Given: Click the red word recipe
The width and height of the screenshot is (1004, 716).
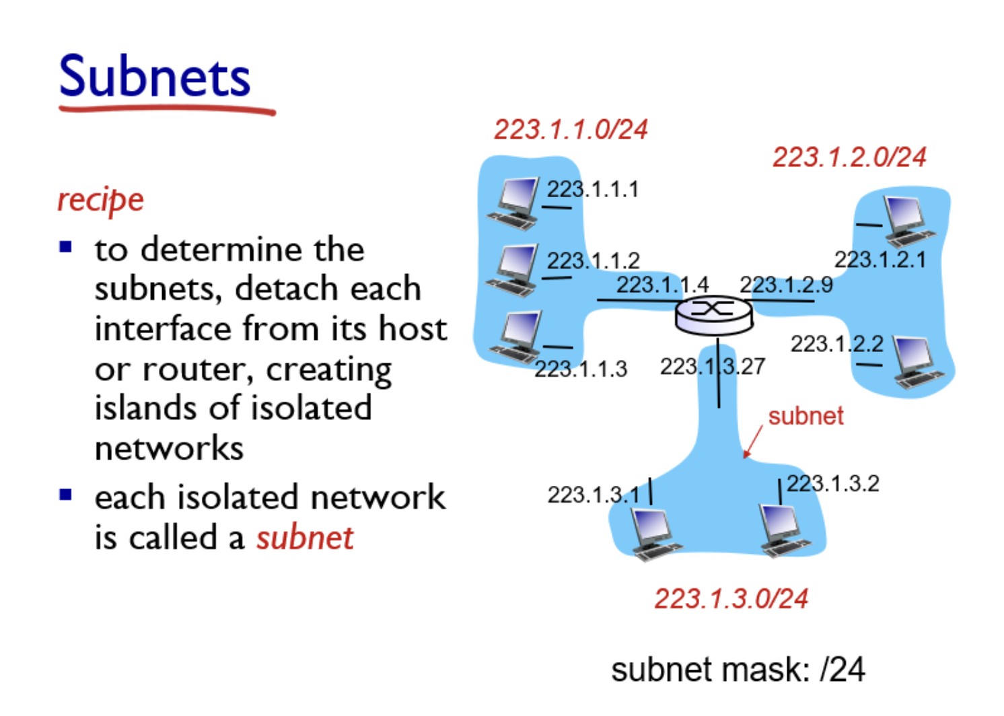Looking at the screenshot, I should [101, 200].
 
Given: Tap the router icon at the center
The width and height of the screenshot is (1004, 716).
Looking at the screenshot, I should [713, 315].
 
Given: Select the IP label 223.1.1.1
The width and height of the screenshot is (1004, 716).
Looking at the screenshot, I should [592, 189].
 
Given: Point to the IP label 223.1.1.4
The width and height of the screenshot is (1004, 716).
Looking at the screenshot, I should [662, 285].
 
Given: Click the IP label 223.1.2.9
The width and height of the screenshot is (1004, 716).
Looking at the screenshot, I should [786, 285].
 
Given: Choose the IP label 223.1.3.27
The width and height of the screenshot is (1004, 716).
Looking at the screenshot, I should [712, 367].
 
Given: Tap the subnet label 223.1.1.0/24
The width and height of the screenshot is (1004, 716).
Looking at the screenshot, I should [571, 129].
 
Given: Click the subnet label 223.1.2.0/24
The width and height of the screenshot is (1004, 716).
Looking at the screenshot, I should [849, 157].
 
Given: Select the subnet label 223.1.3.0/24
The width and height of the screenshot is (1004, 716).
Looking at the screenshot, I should [731, 598].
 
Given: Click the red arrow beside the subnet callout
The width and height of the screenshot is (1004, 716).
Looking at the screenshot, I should [752, 441].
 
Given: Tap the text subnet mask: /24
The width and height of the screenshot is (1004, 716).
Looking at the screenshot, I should [738, 670].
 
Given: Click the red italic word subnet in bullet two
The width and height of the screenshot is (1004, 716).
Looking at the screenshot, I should [305, 538].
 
